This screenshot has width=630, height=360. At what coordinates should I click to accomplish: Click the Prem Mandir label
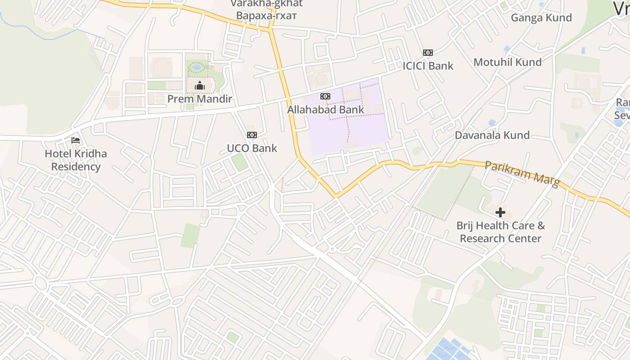point(200,99)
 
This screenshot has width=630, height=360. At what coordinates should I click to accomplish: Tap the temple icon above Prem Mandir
point(200,85)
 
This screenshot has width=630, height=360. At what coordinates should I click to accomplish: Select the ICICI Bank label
point(428,66)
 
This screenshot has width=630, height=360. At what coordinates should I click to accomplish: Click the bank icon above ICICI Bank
point(428,53)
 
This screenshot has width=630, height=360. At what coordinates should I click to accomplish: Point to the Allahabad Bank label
point(325,109)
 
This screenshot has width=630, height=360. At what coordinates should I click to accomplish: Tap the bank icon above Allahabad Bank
point(325,96)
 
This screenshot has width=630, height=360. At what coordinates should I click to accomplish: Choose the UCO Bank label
point(252,148)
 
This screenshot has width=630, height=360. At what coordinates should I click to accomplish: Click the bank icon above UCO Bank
point(252,135)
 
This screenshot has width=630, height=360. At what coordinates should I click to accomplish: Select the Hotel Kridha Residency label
point(76,160)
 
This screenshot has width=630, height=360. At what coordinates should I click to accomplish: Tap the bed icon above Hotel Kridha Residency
point(76,140)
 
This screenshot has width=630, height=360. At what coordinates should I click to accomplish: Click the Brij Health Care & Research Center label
point(500,232)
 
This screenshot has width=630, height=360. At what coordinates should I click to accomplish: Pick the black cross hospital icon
point(500,212)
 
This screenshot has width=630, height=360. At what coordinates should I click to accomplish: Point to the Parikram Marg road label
point(522,174)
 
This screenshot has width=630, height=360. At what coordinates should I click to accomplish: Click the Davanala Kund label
point(492,135)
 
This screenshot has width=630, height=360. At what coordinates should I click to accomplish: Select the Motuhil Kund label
point(507,62)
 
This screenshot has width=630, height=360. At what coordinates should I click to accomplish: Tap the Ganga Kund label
point(541,18)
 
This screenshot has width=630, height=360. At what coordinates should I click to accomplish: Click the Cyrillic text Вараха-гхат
point(266,16)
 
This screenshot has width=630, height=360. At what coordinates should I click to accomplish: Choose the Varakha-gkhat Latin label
point(266,4)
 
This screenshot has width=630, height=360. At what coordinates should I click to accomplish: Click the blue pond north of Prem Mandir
point(197,67)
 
